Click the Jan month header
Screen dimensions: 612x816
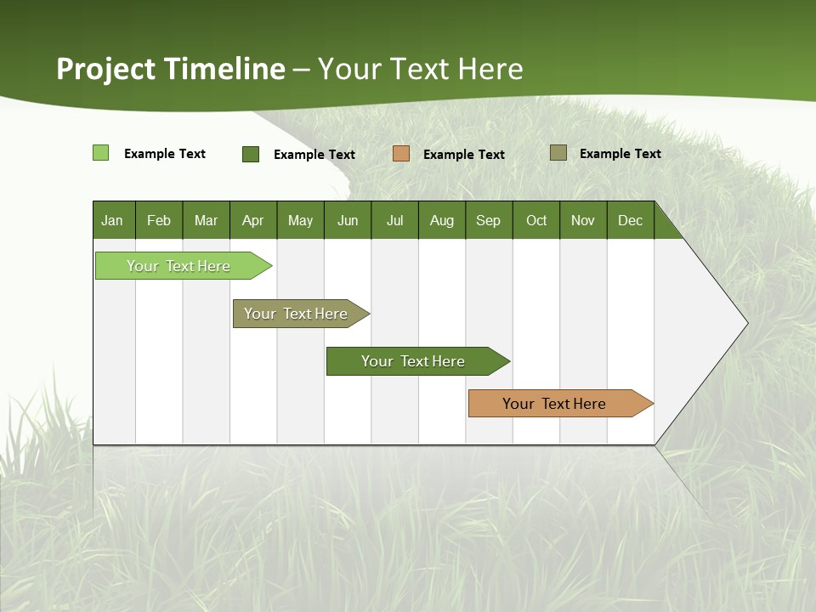coord(113,220)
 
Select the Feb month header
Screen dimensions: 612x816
coord(159,220)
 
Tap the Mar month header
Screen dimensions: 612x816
coord(206,220)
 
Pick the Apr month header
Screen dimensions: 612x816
coord(253,220)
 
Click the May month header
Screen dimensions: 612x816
coord(300,220)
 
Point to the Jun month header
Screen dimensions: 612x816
coord(348,220)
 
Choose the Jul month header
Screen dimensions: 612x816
coord(394,220)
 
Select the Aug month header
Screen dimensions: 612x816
coord(442,220)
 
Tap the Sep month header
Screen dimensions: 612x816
coord(489,220)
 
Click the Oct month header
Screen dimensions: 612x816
coord(536,220)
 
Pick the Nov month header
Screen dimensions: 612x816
coord(583,220)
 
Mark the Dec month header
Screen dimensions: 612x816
coord(631,220)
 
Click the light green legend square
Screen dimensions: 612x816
coord(100,153)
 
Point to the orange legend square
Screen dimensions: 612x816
coord(401,154)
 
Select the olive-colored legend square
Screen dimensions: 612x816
coord(558,153)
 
